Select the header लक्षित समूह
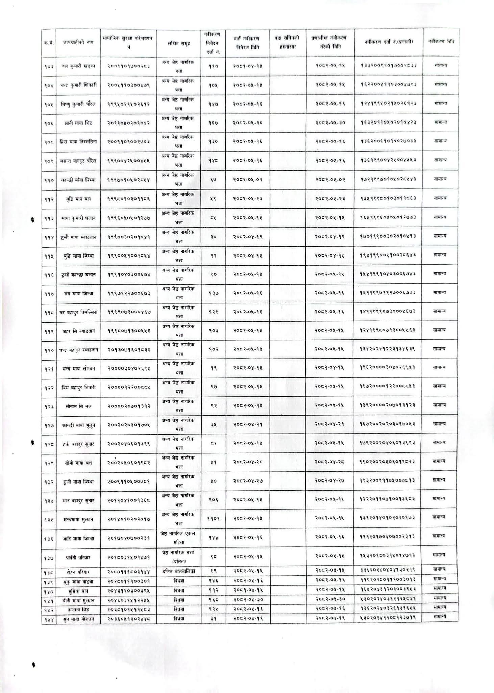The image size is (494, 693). click(x=179, y=43)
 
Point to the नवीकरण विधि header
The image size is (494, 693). click(x=441, y=42)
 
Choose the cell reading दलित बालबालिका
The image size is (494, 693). click(x=179, y=572)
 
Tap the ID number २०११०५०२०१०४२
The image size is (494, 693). click(x=128, y=122)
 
